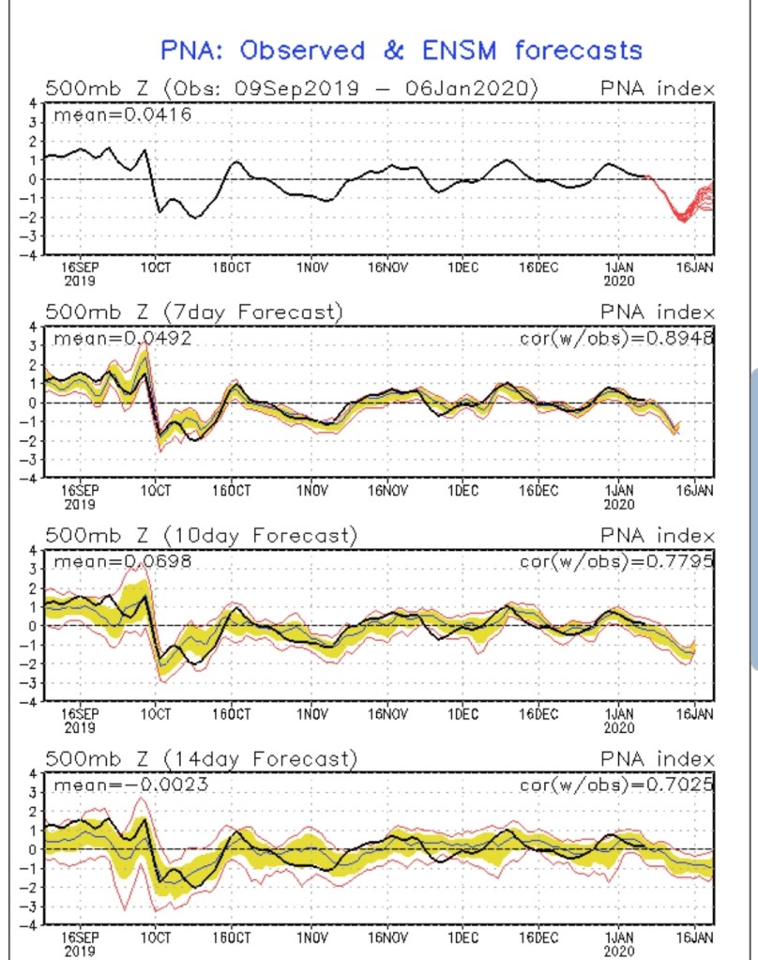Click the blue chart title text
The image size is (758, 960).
click(x=401, y=50)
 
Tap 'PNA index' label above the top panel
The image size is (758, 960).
click(x=657, y=89)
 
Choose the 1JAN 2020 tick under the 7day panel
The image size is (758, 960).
click(x=618, y=495)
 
